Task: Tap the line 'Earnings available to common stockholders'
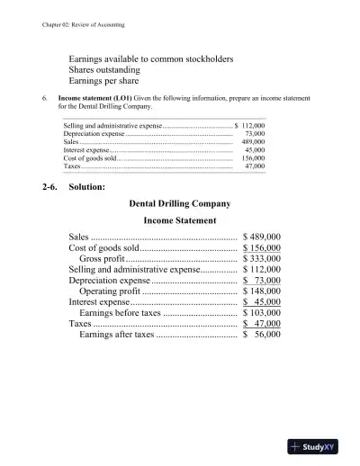point(151,57)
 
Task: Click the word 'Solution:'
point(88,186)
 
